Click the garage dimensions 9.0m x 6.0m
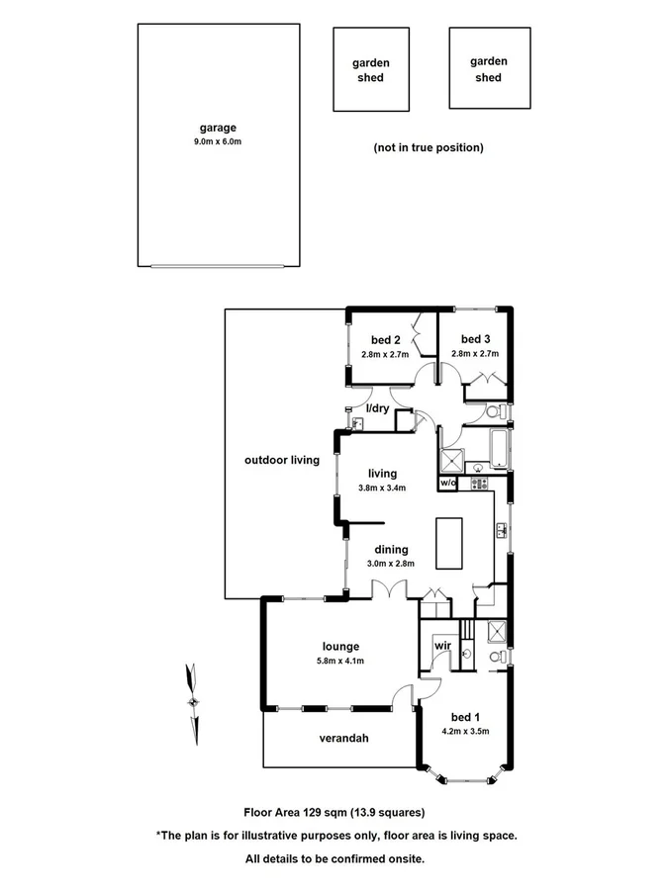pos(218,142)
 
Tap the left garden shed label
pos(371,70)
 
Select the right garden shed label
pos(488,68)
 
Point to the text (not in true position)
pos(428,147)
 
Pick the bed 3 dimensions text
pos(475,353)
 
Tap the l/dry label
pos(377,408)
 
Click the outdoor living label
pos(282,460)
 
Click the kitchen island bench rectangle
pos(449,543)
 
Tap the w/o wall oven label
pos(446,484)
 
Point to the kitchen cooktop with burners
pos(480,484)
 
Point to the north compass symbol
pos(193,700)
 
